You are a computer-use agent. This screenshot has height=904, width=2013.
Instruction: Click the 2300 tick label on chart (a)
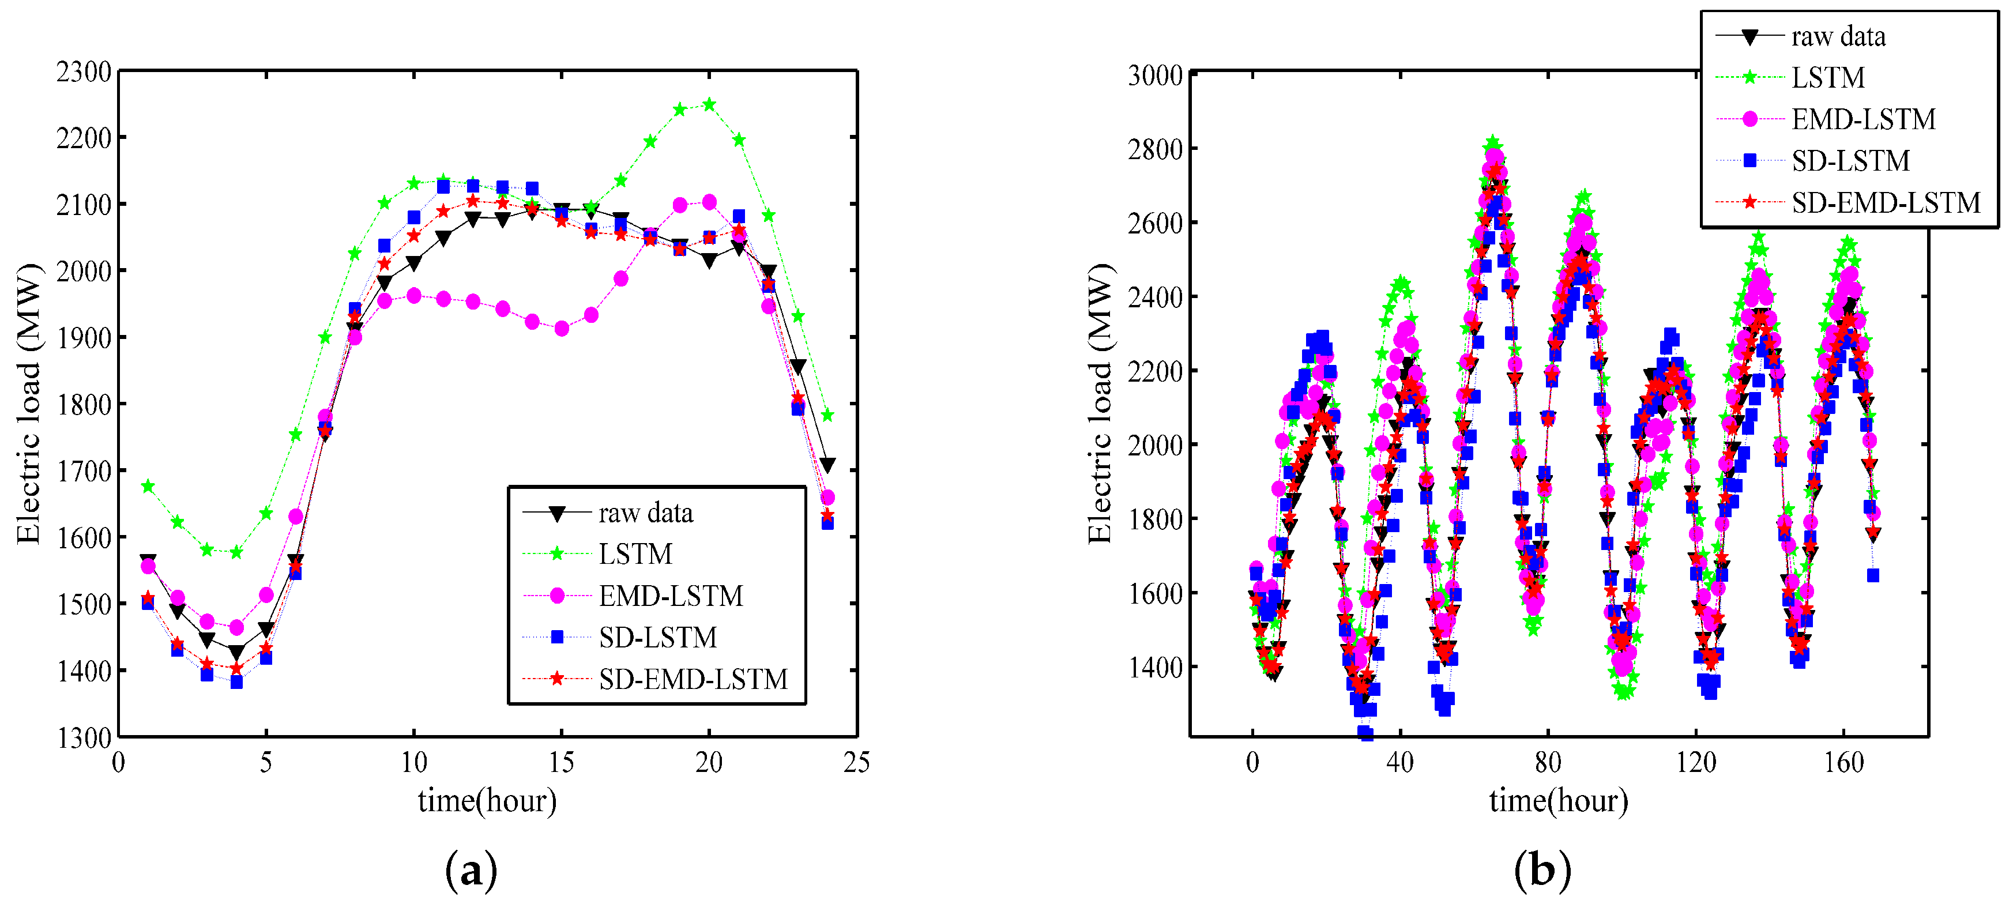[84, 72]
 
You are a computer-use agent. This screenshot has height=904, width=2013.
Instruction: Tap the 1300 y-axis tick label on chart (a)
[84, 737]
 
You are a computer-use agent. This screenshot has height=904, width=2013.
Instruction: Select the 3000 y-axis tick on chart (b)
[1155, 76]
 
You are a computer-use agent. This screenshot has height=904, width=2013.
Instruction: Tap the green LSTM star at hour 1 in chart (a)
[148, 487]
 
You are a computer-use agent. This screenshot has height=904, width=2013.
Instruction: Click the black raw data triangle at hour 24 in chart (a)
[827, 465]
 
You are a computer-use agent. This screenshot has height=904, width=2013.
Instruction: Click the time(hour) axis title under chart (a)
[487, 801]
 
